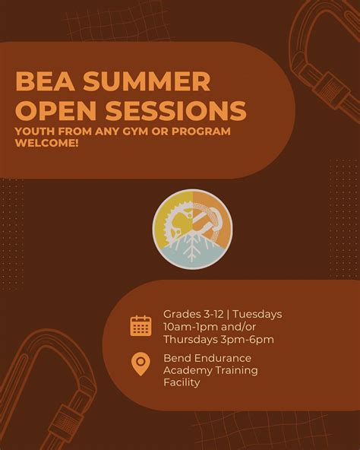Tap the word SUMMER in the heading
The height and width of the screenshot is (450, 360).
tap(152, 81)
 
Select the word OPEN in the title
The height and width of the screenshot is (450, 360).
tap(52, 109)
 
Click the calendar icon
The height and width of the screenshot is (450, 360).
tap(141, 326)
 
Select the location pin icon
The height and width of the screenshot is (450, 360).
tap(141, 364)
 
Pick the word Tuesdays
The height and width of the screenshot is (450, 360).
tap(257, 314)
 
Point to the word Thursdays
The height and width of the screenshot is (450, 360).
tap(190, 339)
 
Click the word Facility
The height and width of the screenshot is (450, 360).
tap(182, 382)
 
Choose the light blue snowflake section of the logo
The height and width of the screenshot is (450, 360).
tap(192, 250)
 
